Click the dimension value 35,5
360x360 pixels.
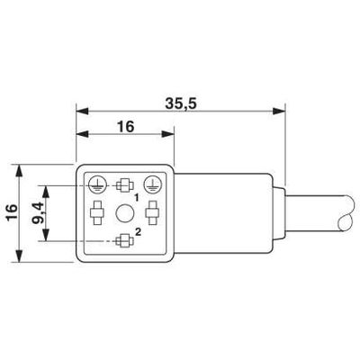181,103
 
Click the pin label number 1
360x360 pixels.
136,195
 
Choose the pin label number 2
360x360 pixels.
136,233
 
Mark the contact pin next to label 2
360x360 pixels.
124,240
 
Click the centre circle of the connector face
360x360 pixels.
124,213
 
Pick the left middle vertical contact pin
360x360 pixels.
95,213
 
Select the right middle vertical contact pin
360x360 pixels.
154,213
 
